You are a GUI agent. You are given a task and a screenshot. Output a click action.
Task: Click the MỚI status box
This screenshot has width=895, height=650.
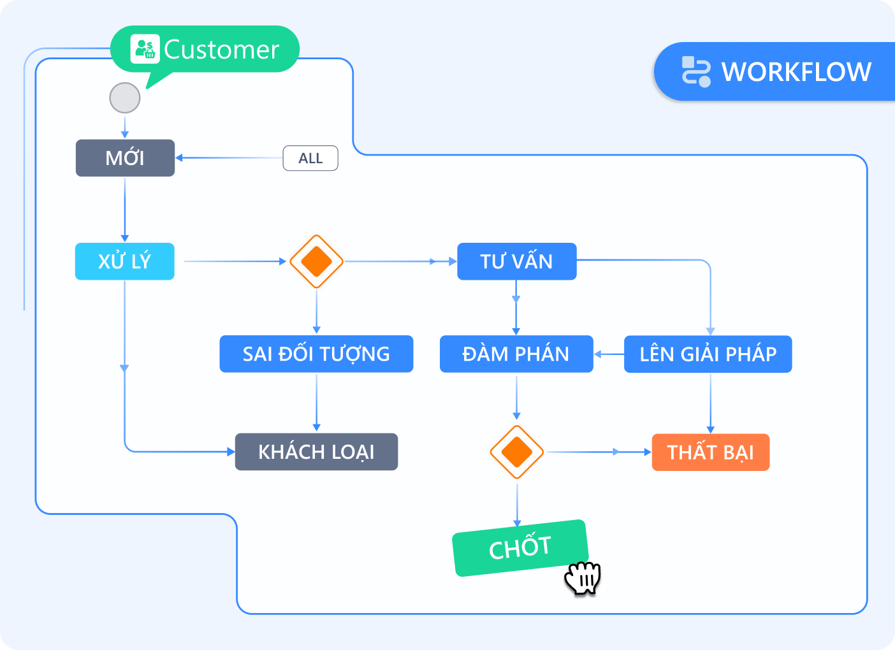click(x=125, y=158)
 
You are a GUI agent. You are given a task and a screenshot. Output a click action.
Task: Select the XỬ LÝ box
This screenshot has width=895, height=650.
click(x=125, y=261)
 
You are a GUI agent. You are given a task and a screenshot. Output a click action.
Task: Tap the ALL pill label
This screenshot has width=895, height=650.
click(x=310, y=158)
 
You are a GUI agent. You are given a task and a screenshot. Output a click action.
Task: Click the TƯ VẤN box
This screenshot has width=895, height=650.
click(x=516, y=261)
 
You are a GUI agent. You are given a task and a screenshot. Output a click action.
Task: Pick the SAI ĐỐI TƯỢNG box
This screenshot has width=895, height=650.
click(x=316, y=354)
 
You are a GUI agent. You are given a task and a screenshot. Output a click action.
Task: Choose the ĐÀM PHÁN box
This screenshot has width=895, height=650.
click(x=516, y=354)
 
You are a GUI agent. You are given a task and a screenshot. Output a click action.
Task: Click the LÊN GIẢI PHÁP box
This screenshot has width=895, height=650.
click(x=708, y=354)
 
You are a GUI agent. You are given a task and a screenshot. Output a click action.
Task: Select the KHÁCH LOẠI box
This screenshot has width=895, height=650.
click(x=316, y=452)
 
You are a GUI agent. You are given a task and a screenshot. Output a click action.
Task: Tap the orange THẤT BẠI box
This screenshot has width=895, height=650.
click(x=710, y=452)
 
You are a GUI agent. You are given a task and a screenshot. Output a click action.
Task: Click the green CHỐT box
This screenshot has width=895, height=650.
click(x=519, y=548)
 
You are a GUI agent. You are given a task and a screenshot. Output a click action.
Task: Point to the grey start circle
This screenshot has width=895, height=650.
click(x=125, y=98)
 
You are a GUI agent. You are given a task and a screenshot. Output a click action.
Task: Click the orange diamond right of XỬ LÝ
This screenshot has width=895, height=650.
click(x=316, y=261)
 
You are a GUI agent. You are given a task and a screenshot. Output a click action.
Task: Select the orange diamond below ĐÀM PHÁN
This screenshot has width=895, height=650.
click(x=516, y=452)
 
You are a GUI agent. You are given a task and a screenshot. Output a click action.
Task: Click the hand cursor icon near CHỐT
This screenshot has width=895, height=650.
click(x=583, y=578)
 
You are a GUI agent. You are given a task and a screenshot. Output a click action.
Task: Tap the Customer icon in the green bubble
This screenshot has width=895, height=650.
click(x=144, y=49)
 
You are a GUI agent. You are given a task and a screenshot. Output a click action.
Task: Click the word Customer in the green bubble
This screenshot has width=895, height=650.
click(x=222, y=50)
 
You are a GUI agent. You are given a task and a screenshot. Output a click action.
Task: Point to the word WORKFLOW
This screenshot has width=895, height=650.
click(x=796, y=72)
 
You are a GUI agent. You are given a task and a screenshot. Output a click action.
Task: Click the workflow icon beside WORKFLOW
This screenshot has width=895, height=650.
click(x=695, y=71)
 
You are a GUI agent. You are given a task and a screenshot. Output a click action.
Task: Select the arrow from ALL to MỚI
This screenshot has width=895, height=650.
click(x=229, y=158)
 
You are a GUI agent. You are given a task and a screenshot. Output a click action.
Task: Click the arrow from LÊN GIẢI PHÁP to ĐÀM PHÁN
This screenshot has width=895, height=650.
click(x=609, y=354)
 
